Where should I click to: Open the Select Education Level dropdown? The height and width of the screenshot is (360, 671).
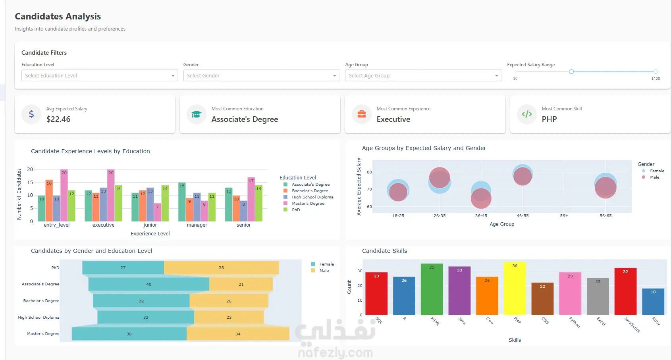pyautogui.click(x=99, y=75)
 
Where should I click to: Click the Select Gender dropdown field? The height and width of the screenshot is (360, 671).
pyautogui.click(x=262, y=75)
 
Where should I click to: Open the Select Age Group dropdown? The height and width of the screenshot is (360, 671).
pyautogui.click(x=423, y=75)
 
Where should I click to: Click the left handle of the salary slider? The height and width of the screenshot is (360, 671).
pyautogui.click(x=571, y=71)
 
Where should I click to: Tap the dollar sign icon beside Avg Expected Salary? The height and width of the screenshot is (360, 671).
pyautogui.click(x=31, y=114)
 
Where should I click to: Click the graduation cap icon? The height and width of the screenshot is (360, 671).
pyautogui.click(x=197, y=114)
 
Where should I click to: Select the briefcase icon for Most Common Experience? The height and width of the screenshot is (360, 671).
pyautogui.click(x=362, y=114)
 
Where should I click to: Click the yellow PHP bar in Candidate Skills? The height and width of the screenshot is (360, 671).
pyautogui.click(x=515, y=289)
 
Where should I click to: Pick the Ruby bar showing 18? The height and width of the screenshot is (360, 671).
pyautogui.click(x=653, y=302)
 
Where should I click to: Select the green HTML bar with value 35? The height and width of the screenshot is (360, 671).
pyautogui.click(x=432, y=289)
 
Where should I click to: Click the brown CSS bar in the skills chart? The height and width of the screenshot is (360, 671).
pyautogui.click(x=542, y=298)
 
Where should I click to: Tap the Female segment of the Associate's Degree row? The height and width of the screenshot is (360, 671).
pyautogui.click(x=149, y=284)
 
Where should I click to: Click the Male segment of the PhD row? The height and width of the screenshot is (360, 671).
pyautogui.click(x=222, y=268)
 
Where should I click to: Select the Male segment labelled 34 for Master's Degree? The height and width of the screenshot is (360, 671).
pyautogui.click(x=238, y=334)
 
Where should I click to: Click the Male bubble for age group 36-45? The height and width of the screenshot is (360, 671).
pyautogui.click(x=481, y=198)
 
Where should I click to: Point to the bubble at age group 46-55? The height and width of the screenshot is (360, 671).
pyautogui.click(x=523, y=175)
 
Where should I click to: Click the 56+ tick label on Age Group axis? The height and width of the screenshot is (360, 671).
pyautogui.click(x=564, y=216)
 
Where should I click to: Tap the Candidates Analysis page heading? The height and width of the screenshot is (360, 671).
pyautogui.click(x=58, y=16)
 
